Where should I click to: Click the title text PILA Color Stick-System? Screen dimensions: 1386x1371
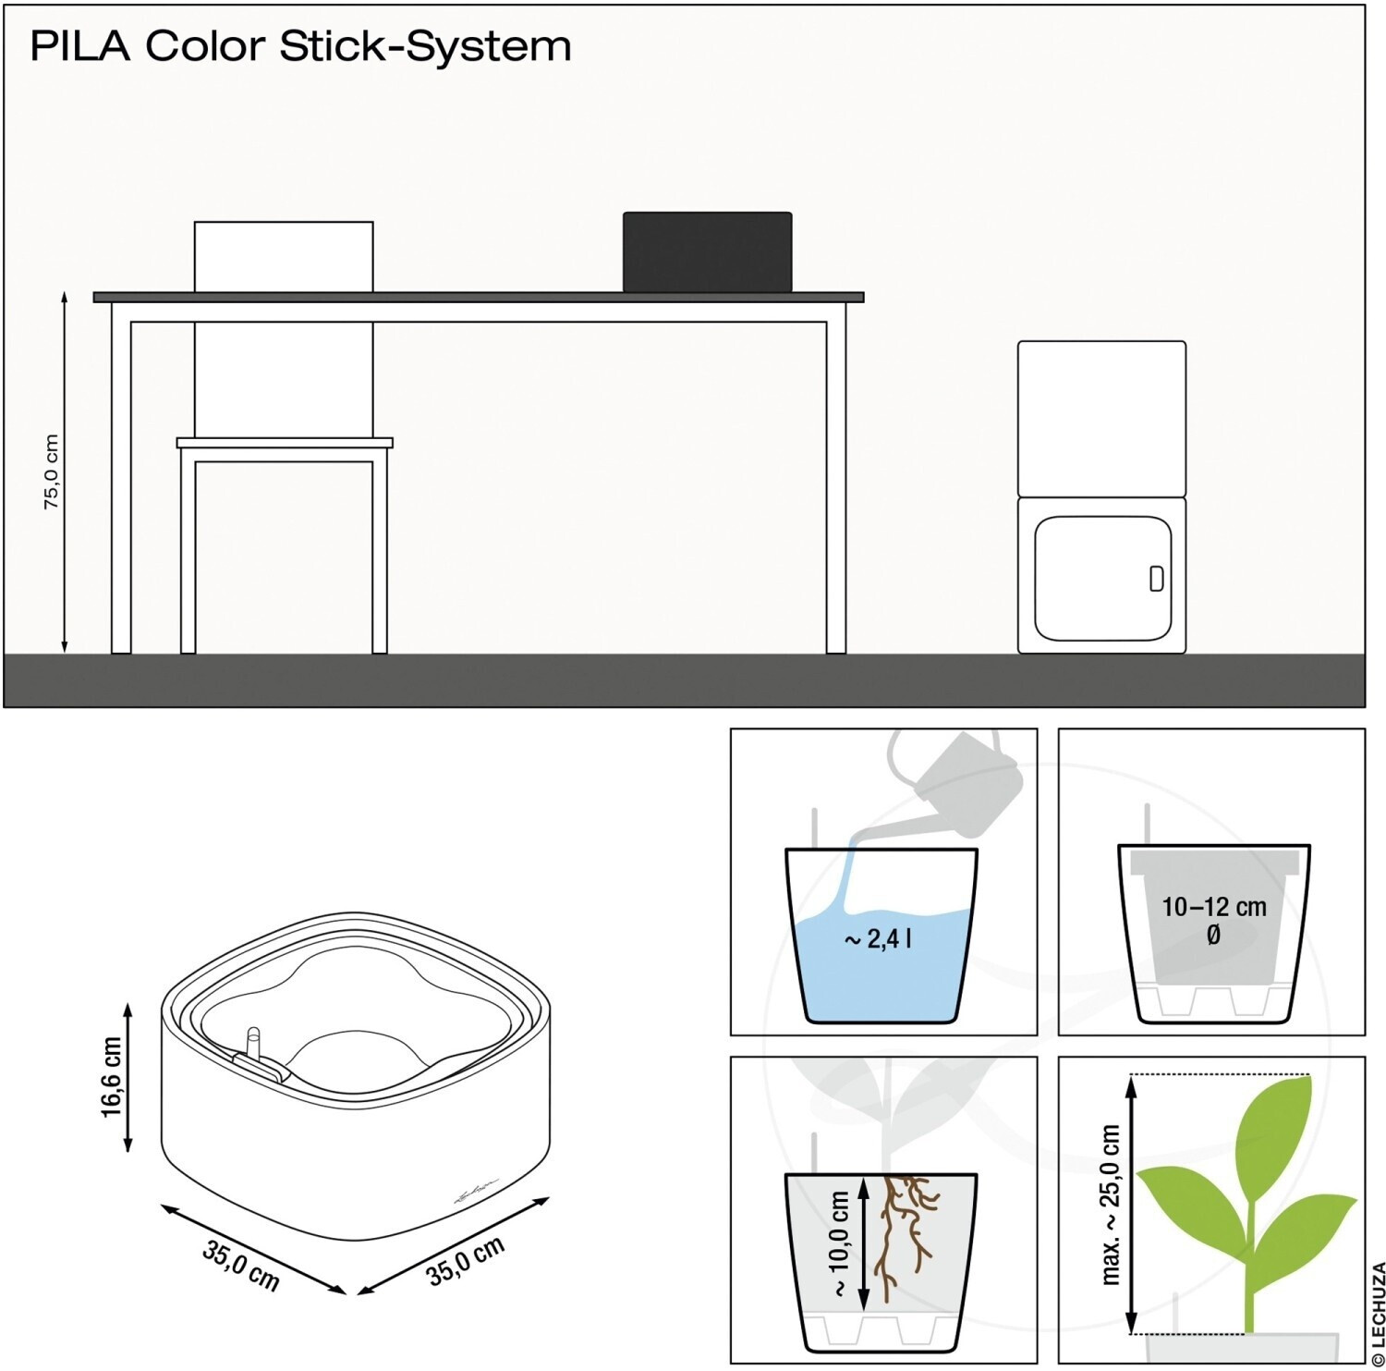(301, 46)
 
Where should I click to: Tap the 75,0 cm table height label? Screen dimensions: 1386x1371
(51, 471)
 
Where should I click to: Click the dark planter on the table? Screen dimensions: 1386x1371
(707, 252)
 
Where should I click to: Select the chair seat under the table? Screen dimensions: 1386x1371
(285, 443)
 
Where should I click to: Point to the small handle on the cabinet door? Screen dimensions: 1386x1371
(1156, 579)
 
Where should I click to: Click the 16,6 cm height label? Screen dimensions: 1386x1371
(111, 1076)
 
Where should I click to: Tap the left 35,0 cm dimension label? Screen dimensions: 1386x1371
(240, 1265)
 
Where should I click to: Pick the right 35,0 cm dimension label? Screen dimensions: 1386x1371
(466, 1260)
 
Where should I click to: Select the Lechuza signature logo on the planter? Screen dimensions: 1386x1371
(476, 1190)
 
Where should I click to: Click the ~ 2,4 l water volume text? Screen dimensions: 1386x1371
(878, 940)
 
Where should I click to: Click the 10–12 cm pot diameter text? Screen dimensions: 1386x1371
(1213, 919)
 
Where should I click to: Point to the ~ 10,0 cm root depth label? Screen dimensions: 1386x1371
(839, 1243)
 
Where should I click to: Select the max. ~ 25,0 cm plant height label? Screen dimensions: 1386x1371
(1111, 1205)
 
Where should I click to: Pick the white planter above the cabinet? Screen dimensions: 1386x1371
(1101, 419)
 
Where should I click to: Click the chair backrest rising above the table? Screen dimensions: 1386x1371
(284, 257)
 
